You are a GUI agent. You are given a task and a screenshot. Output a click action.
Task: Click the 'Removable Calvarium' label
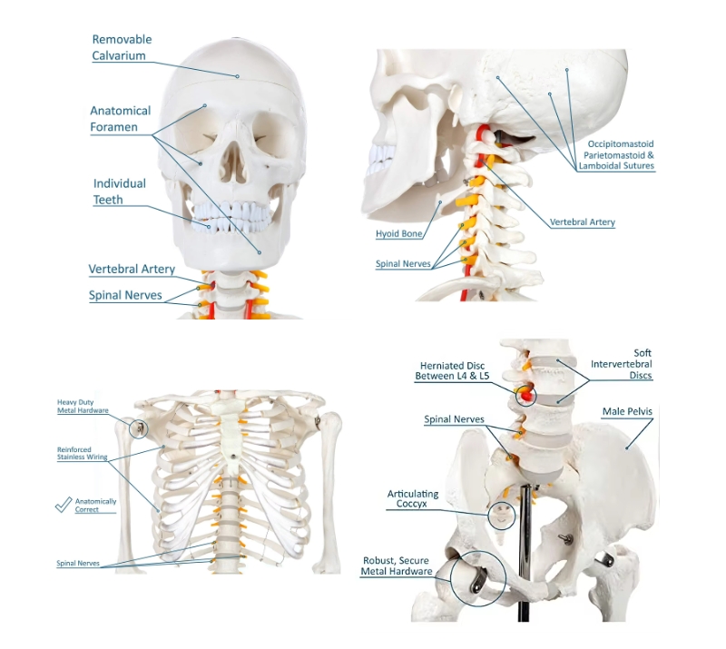tap(122, 47)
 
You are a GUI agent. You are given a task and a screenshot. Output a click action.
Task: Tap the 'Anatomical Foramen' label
tap(121, 119)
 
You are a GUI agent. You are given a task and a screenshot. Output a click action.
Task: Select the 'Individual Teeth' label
tap(120, 192)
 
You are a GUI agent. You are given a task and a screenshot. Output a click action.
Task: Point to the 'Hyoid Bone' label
tap(398, 233)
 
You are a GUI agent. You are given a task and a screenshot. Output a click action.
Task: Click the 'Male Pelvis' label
tap(627, 411)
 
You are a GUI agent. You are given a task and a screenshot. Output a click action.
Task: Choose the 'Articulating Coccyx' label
tap(413, 498)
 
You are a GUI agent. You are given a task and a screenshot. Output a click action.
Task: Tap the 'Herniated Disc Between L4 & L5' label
tap(452, 370)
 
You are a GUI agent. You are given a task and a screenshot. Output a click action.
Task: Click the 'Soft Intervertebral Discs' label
tap(622, 364)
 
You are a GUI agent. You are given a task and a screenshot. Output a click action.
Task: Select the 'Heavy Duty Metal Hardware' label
tap(83, 407)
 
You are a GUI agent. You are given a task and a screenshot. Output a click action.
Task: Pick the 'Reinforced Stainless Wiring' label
tap(82, 453)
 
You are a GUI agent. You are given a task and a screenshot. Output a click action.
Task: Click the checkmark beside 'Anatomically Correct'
tap(64, 505)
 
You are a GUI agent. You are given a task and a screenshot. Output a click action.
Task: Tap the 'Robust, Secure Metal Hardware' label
tap(397, 566)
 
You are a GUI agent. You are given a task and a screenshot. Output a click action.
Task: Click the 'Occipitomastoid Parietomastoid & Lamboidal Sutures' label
tap(617, 154)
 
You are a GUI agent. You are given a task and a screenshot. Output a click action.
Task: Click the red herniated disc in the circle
tap(525, 395)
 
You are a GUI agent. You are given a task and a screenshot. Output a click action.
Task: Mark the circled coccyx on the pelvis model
tap(501, 516)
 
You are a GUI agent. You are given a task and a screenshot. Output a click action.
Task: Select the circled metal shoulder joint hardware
tap(139, 428)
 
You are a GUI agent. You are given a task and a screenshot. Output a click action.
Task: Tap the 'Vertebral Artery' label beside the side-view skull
tap(582, 222)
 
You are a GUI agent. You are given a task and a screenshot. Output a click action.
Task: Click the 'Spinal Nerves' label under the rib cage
tap(78, 564)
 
